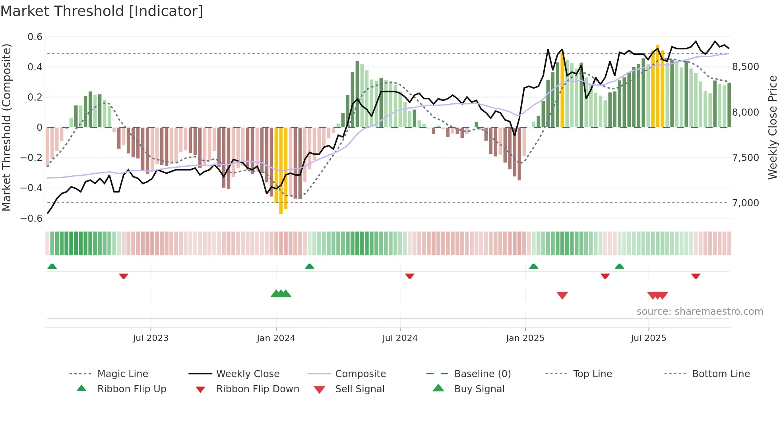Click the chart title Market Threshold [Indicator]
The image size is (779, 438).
[x=102, y=11]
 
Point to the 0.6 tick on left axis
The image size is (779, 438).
[x=35, y=37]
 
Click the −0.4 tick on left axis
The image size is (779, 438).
[x=31, y=188]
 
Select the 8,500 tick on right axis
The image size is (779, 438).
[x=746, y=67]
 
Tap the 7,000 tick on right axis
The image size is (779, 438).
[x=746, y=203]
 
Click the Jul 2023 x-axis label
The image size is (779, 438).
[x=151, y=338]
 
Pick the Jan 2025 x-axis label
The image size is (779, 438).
[x=525, y=338]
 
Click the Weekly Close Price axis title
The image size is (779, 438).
[x=772, y=127]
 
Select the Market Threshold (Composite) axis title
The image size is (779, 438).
[x=6, y=127]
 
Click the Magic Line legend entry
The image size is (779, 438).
[x=122, y=374]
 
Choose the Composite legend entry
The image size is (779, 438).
[x=360, y=374]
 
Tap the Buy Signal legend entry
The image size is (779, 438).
[x=479, y=389]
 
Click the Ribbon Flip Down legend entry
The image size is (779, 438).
[x=257, y=389]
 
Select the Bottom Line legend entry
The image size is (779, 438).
[x=721, y=374]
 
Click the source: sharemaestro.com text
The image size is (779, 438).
[x=700, y=312]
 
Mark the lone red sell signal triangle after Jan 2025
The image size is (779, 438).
[x=562, y=295]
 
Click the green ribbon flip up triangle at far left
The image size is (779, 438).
[x=52, y=266]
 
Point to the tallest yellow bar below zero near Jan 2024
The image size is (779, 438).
[x=281, y=171]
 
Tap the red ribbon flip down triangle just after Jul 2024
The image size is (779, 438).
[x=410, y=276]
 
